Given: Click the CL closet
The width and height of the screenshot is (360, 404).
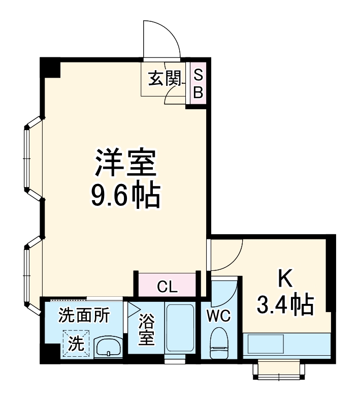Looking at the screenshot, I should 167,287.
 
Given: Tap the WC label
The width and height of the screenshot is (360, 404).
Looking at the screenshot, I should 218,316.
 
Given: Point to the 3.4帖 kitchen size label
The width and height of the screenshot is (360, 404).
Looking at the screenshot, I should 284,305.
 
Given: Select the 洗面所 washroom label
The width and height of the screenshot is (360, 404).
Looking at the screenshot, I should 84,316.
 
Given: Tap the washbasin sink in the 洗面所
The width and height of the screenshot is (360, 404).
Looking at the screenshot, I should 108,348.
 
